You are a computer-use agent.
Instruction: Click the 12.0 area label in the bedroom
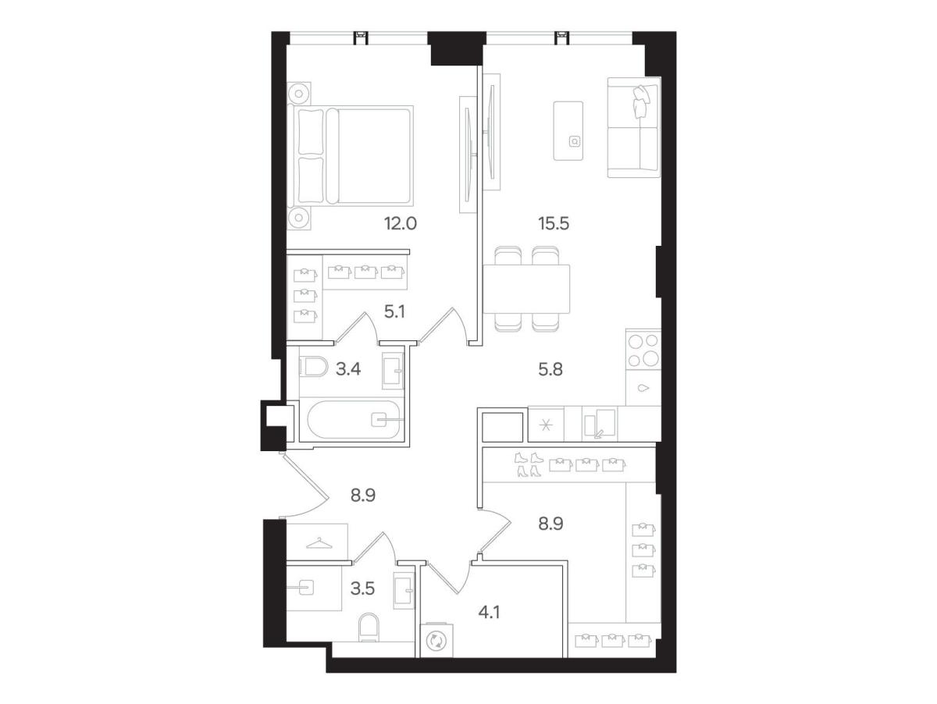click(400, 223)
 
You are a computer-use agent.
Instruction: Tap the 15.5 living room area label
click(554, 223)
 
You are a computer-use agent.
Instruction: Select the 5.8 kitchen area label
click(550, 369)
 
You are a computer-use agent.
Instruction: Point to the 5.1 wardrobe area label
click(394, 312)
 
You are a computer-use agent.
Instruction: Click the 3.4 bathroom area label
click(348, 368)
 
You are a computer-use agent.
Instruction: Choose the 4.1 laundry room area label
click(489, 613)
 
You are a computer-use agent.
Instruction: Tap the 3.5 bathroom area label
click(362, 588)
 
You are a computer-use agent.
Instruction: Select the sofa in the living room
click(633, 127)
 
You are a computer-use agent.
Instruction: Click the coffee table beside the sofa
click(568, 130)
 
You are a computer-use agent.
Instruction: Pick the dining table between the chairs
click(527, 289)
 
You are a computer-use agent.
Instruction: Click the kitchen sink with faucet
click(600, 423)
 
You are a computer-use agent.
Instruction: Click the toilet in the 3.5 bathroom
click(369, 628)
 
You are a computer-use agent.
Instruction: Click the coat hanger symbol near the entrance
click(319, 543)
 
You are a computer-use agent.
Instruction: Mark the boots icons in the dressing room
click(529, 464)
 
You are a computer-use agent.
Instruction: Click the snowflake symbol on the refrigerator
click(546, 425)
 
